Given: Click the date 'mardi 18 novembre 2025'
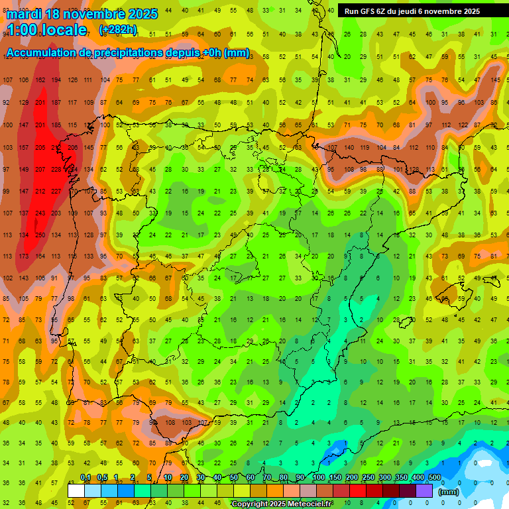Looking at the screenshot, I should pyautogui.click(x=82, y=14).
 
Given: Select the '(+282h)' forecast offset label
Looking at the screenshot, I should pyautogui.click(x=118, y=30).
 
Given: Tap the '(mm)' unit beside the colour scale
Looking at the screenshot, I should pyautogui.click(x=449, y=492).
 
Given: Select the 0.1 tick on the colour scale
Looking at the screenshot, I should pyautogui.click(x=85, y=478).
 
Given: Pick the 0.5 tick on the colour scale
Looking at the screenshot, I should pyautogui.click(x=102, y=478).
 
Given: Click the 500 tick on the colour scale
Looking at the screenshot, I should pyautogui.click(x=434, y=478).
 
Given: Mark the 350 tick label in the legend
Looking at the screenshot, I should pyautogui.click(x=400, y=478).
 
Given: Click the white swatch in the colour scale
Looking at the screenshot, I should pyautogui.click(x=76, y=490).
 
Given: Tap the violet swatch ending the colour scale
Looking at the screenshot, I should pyautogui.click(x=425, y=490).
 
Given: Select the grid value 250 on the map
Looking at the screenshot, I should pyautogui.click(x=40, y=235).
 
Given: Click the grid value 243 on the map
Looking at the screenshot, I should pyautogui.click(x=40, y=213).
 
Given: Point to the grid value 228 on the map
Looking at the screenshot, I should pyautogui.click(x=56, y=169).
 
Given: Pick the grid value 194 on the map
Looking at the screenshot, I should pyautogui.click(x=56, y=80).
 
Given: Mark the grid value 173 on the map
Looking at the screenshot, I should pyautogui.click(x=24, y=256).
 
